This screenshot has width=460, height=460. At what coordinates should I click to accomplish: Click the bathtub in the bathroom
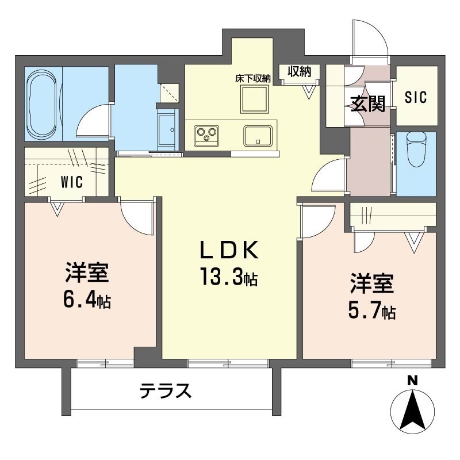click(41, 104)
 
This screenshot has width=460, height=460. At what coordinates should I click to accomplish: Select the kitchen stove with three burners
click(206, 136)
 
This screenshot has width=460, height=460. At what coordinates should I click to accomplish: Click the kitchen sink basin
click(258, 136)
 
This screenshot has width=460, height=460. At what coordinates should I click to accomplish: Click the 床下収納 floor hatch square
click(254, 98)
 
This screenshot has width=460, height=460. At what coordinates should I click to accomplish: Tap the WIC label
click(72, 182)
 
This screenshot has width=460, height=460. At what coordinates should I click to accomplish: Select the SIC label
click(415, 97)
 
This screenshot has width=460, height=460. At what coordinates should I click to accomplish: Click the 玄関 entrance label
click(368, 104)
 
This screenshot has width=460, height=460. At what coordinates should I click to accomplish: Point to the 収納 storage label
click(299, 71)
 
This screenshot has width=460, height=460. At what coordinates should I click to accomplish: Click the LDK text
click(229, 250)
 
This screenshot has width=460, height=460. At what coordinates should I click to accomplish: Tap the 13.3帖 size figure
click(229, 277)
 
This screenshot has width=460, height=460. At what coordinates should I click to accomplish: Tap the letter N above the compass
click(412, 381)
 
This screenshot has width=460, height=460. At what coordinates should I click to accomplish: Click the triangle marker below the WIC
click(57, 209)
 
